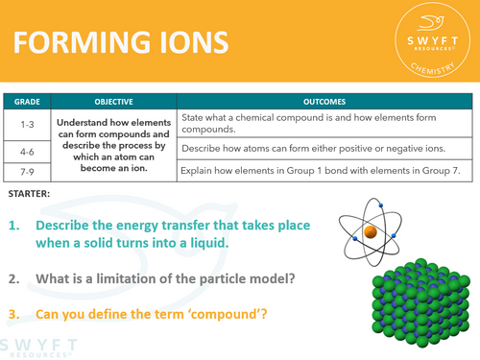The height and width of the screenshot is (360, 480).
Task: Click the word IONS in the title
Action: pos(187,43)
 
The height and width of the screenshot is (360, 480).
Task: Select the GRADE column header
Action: pos(28,100)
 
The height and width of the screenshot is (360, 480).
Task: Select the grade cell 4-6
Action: pos(28,151)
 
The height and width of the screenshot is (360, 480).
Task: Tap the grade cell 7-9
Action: pos(28,172)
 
